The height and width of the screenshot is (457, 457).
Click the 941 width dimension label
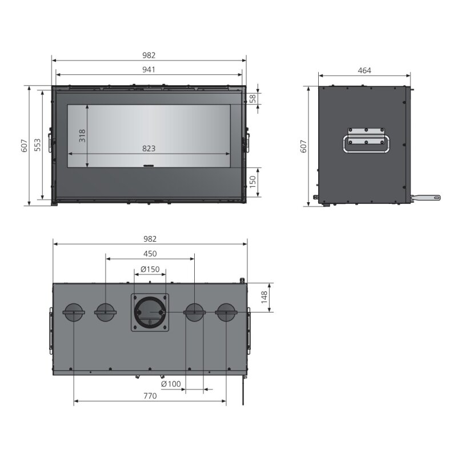[149, 69]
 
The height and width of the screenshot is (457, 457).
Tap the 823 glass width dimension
[149, 149]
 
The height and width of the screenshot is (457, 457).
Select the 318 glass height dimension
[82, 136]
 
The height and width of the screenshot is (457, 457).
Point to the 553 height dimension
[37, 145]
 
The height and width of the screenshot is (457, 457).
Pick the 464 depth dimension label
[364, 70]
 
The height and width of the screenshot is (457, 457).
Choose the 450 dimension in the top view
[150, 253]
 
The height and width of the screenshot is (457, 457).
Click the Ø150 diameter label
[150, 269]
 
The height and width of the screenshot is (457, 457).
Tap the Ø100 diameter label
[171, 384]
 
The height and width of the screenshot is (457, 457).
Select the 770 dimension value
[150, 395]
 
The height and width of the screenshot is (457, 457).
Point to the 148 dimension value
[263, 298]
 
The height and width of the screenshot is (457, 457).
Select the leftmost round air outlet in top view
[73, 312]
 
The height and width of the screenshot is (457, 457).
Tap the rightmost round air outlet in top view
[226, 312]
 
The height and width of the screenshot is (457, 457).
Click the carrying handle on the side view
[366, 141]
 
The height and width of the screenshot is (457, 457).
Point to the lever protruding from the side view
[427, 198]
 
